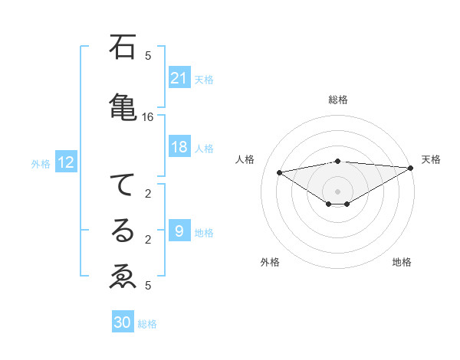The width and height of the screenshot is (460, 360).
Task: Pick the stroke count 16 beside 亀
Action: [148, 117]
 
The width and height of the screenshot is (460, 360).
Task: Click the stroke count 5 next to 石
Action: [148, 55]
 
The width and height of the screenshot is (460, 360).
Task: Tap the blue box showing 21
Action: [179, 77]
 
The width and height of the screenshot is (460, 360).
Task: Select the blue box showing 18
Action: [179, 147]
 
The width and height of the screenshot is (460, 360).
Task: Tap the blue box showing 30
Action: [123, 322]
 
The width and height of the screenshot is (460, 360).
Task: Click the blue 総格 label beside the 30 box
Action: [148, 324]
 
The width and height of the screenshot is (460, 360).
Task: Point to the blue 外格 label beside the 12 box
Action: [41, 163]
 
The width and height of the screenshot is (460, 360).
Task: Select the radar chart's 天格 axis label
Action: [431, 159]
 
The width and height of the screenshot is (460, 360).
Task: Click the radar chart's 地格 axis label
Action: [402, 262]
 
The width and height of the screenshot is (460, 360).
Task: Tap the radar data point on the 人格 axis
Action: [280, 172]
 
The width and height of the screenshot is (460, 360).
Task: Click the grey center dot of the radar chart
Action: [337, 190]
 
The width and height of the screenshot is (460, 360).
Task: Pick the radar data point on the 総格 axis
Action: [337, 161]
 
